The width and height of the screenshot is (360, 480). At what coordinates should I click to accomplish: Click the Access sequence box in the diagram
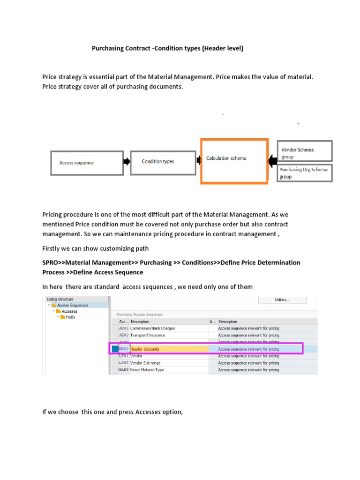(x=87, y=163)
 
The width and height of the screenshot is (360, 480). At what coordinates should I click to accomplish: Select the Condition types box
(x=163, y=162)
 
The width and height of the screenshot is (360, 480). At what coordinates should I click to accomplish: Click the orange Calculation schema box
(x=234, y=160)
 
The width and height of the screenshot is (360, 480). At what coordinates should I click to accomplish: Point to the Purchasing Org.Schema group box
(x=304, y=173)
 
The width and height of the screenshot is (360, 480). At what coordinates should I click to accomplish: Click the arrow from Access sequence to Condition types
(x=127, y=162)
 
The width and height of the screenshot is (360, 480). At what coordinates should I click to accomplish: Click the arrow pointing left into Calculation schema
(x=272, y=161)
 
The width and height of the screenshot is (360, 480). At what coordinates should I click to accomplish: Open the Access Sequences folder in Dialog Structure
(x=72, y=305)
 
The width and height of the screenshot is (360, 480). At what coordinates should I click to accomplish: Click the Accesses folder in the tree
(x=69, y=311)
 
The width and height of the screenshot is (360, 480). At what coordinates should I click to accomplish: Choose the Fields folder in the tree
(x=70, y=317)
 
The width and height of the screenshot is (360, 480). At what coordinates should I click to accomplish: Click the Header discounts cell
(x=145, y=349)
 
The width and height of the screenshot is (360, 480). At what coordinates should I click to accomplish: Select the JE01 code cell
(x=123, y=329)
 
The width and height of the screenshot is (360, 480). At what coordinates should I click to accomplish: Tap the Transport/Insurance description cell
(x=148, y=336)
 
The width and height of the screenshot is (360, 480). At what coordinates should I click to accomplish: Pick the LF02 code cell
(x=123, y=363)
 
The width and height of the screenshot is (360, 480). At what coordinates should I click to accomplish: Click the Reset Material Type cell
(x=147, y=370)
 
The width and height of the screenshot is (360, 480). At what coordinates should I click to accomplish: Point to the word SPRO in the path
(x=51, y=262)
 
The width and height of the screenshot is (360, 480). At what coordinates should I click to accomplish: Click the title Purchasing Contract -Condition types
(x=167, y=48)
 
